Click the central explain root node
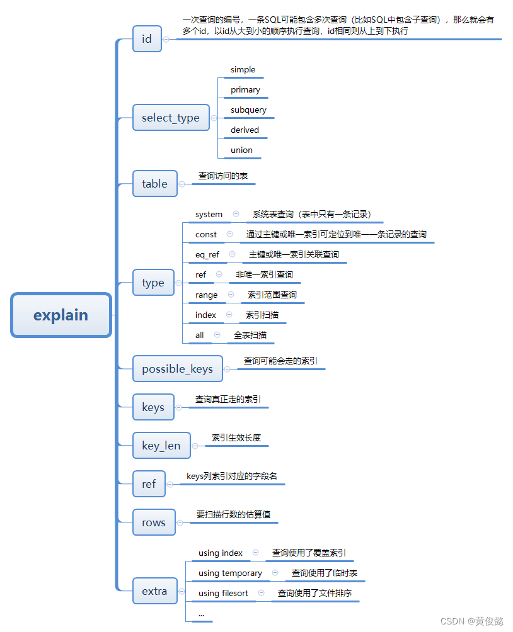(x=61, y=315)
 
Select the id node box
(x=147, y=39)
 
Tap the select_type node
(x=171, y=118)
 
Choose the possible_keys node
(x=178, y=369)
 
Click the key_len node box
(x=161, y=446)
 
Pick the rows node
(x=154, y=522)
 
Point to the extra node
(x=154, y=591)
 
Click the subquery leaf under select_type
(x=248, y=110)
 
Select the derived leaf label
(x=245, y=130)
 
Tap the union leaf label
(x=241, y=150)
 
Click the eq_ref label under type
(x=207, y=255)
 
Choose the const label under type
(x=206, y=235)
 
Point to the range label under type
(x=206, y=295)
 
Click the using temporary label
(x=230, y=573)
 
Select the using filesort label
(x=223, y=594)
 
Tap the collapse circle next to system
(x=236, y=214)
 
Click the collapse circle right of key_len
(x=195, y=446)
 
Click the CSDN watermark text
(x=471, y=621)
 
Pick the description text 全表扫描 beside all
(x=250, y=336)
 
